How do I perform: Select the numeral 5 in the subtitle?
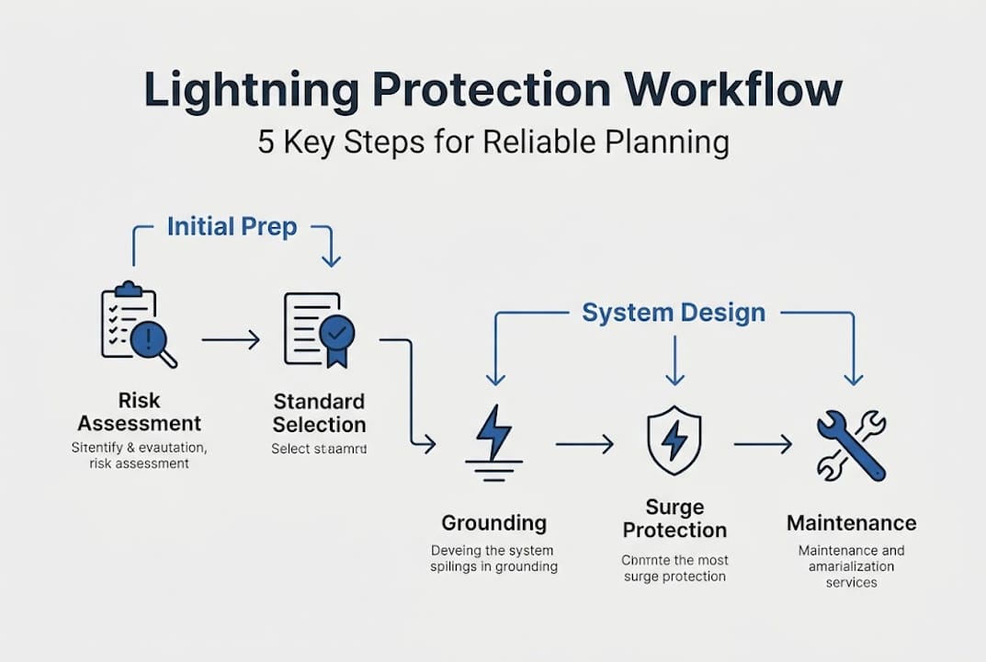point(266,143)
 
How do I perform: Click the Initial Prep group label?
point(232,227)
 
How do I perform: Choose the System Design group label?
point(674,313)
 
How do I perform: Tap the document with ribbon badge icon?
point(319,329)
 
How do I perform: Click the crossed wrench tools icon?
point(851,446)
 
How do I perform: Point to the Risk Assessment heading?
point(139,412)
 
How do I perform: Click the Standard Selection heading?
point(319,413)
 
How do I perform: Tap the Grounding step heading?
point(493,523)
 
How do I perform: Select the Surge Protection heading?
point(674,519)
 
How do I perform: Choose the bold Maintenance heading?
point(851,523)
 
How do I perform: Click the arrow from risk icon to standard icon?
point(231,340)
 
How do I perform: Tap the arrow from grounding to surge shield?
point(584,445)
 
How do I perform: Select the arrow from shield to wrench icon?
point(763,445)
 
